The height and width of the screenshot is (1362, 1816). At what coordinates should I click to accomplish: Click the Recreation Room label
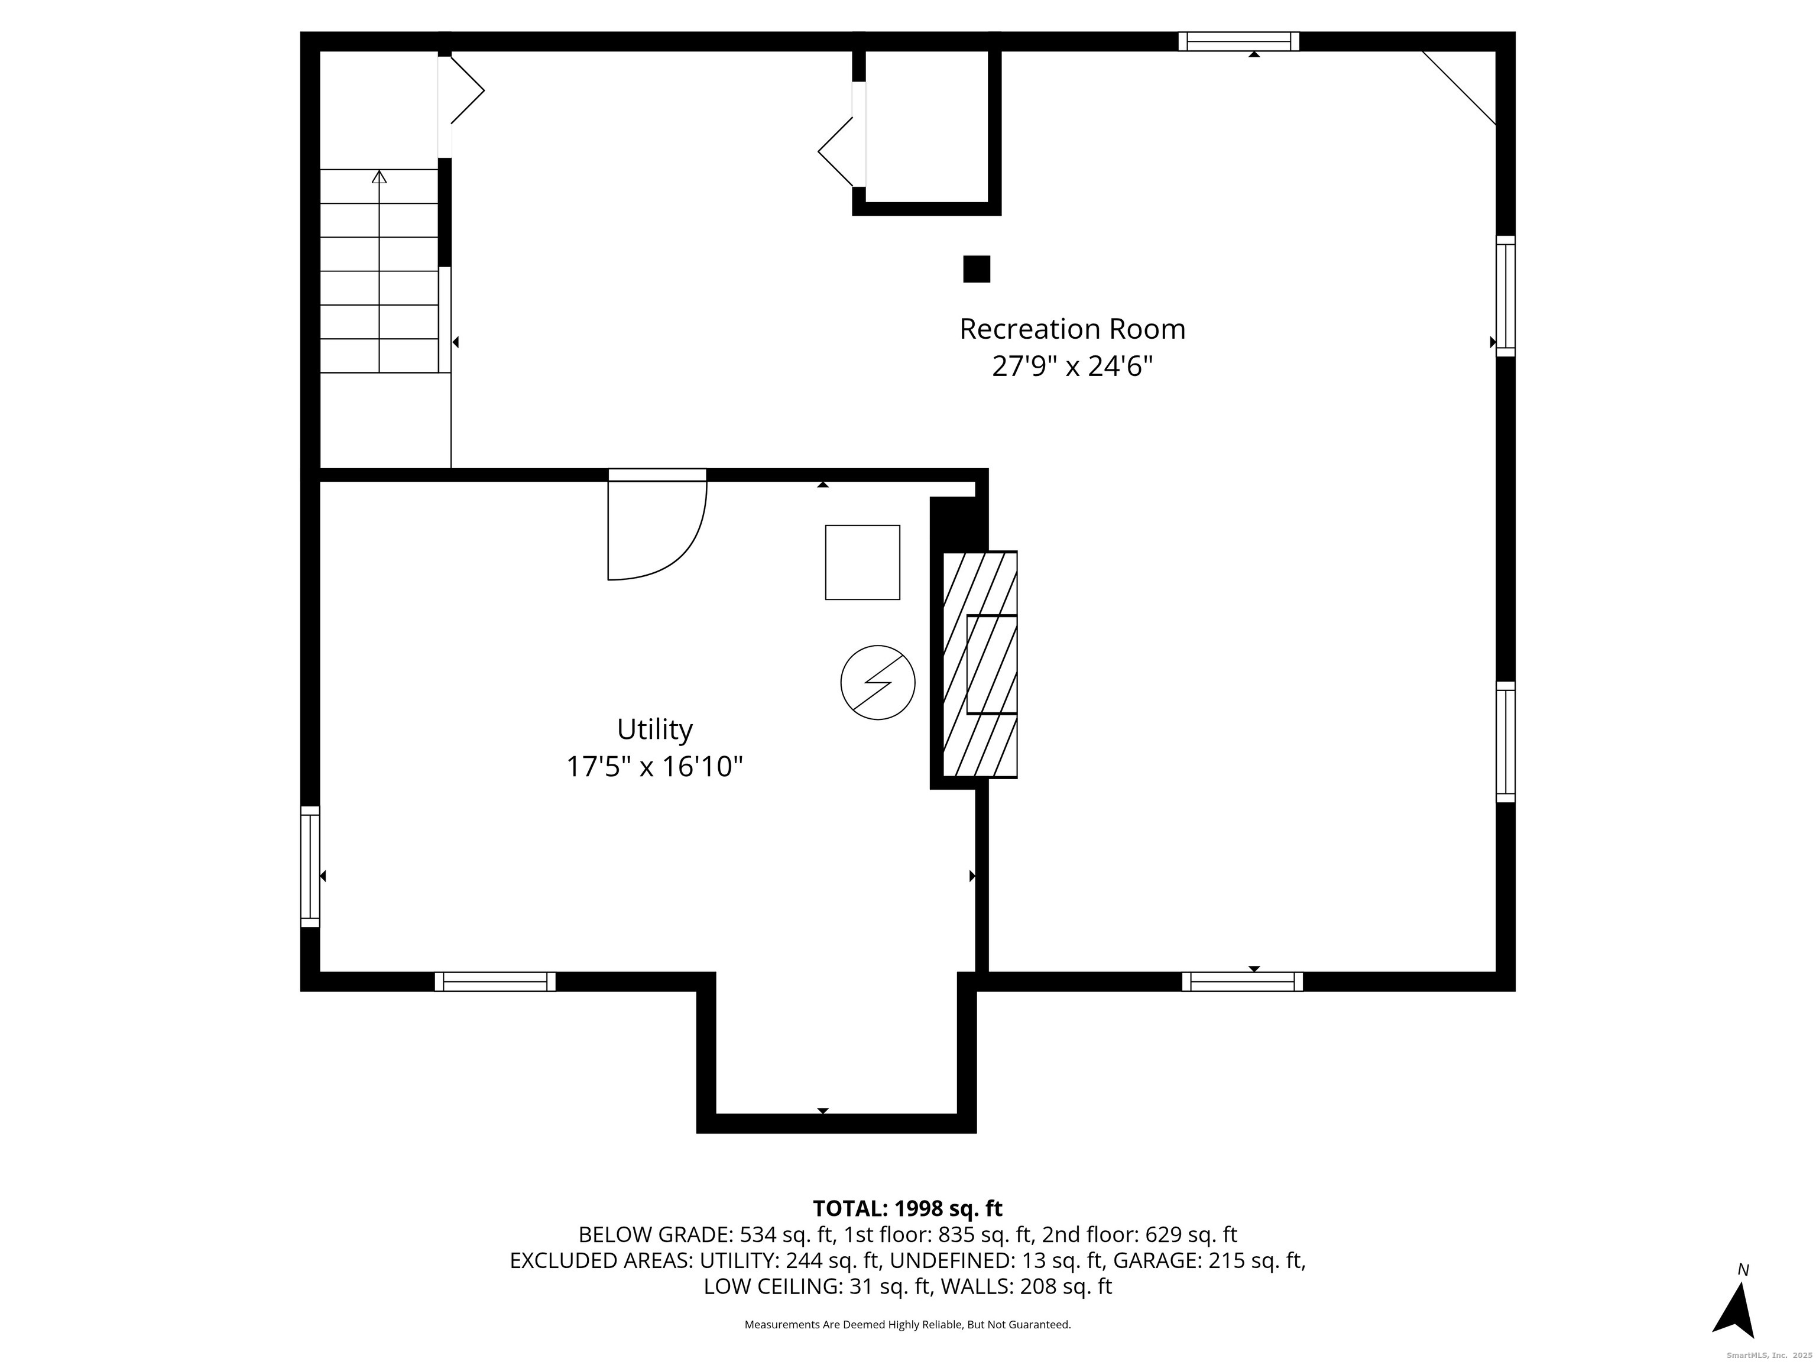tap(1072, 329)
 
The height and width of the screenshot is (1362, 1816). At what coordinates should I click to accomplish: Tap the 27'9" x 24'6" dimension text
tap(1072, 366)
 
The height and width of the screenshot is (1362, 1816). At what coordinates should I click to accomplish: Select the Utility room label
tap(654, 729)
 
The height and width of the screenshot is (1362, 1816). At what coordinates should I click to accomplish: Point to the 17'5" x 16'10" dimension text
tap(654, 767)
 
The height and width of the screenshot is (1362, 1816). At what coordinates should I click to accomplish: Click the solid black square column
tap(976, 270)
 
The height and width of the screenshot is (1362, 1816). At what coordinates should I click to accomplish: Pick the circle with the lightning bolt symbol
tap(878, 682)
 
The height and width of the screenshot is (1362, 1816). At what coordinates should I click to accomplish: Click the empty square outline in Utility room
tap(862, 562)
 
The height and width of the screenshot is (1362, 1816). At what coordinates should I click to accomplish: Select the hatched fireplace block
tap(980, 664)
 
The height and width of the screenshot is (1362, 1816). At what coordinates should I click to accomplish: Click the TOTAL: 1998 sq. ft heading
tap(907, 1208)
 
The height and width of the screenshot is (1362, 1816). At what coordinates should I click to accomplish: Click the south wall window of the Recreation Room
tap(1241, 981)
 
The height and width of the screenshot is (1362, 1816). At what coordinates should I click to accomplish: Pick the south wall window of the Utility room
tap(495, 981)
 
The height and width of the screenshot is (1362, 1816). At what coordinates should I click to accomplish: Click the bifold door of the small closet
tap(839, 152)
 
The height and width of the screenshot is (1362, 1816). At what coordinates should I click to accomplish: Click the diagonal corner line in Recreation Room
tap(1459, 88)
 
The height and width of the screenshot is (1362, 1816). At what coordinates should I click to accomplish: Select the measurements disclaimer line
tap(907, 1324)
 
